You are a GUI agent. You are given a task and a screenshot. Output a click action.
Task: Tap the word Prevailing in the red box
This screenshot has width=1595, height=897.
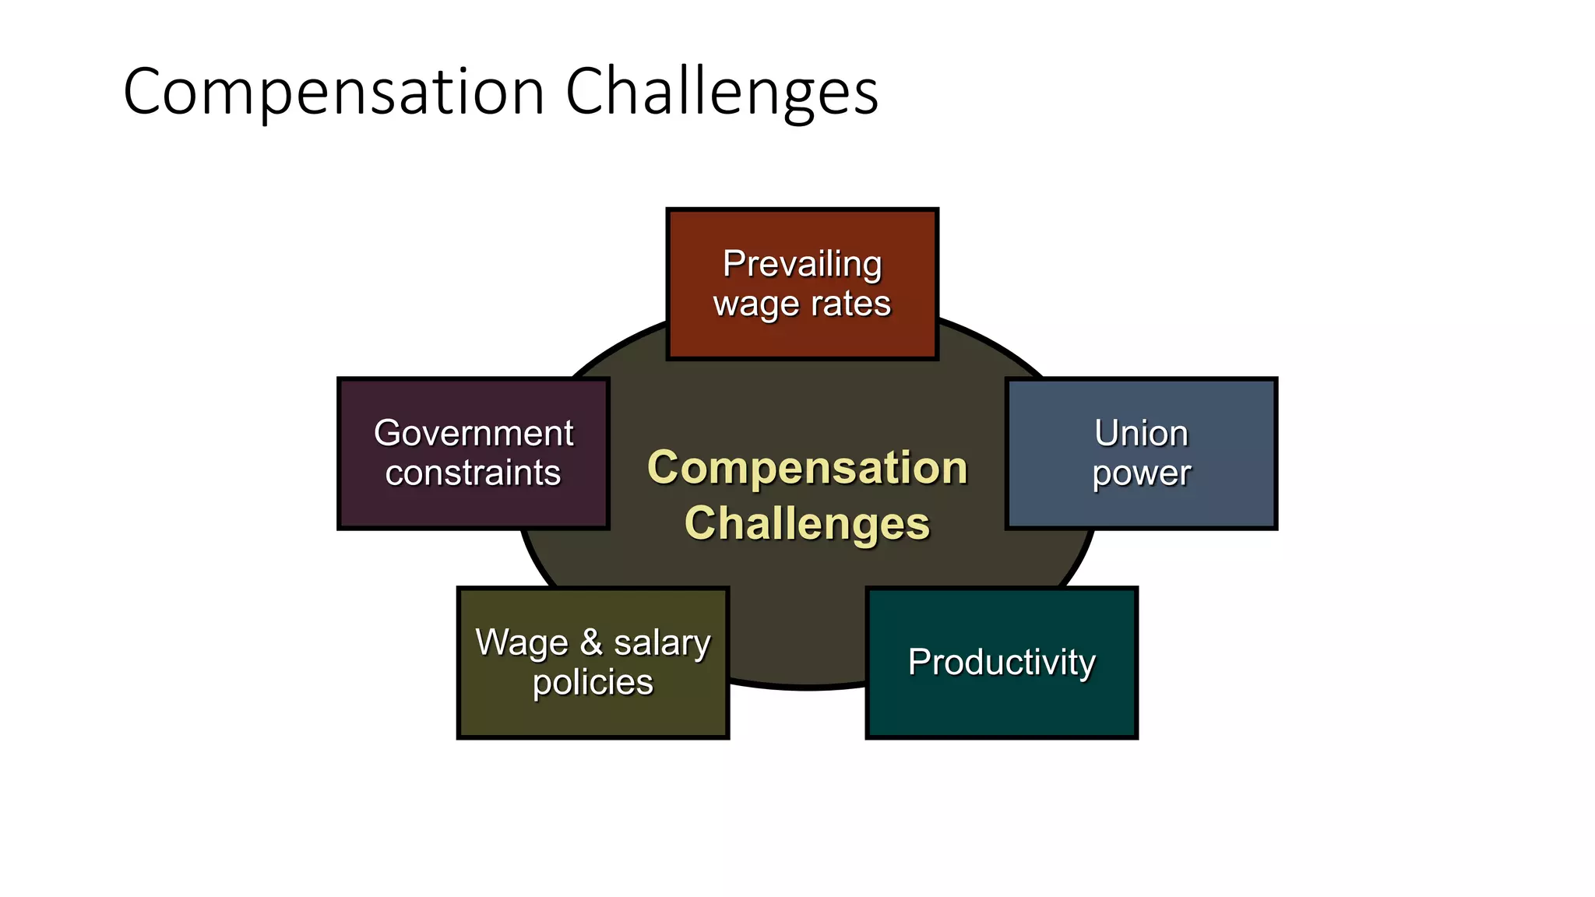(x=802, y=265)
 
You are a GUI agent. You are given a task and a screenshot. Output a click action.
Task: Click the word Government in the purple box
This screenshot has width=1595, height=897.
(x=474, y=434)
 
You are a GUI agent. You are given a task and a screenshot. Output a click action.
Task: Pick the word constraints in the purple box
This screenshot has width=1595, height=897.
(x=473, y=473)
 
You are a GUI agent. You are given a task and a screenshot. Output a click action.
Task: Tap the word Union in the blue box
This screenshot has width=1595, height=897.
(x=1141, y=434)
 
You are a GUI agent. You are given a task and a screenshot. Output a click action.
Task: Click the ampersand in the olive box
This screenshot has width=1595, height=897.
(x=591, y=643)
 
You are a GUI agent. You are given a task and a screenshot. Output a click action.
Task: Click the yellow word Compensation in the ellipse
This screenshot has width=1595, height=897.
(x=808, y=468)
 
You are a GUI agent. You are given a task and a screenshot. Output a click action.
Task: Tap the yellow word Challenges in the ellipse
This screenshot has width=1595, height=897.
(x=808, y=523)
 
